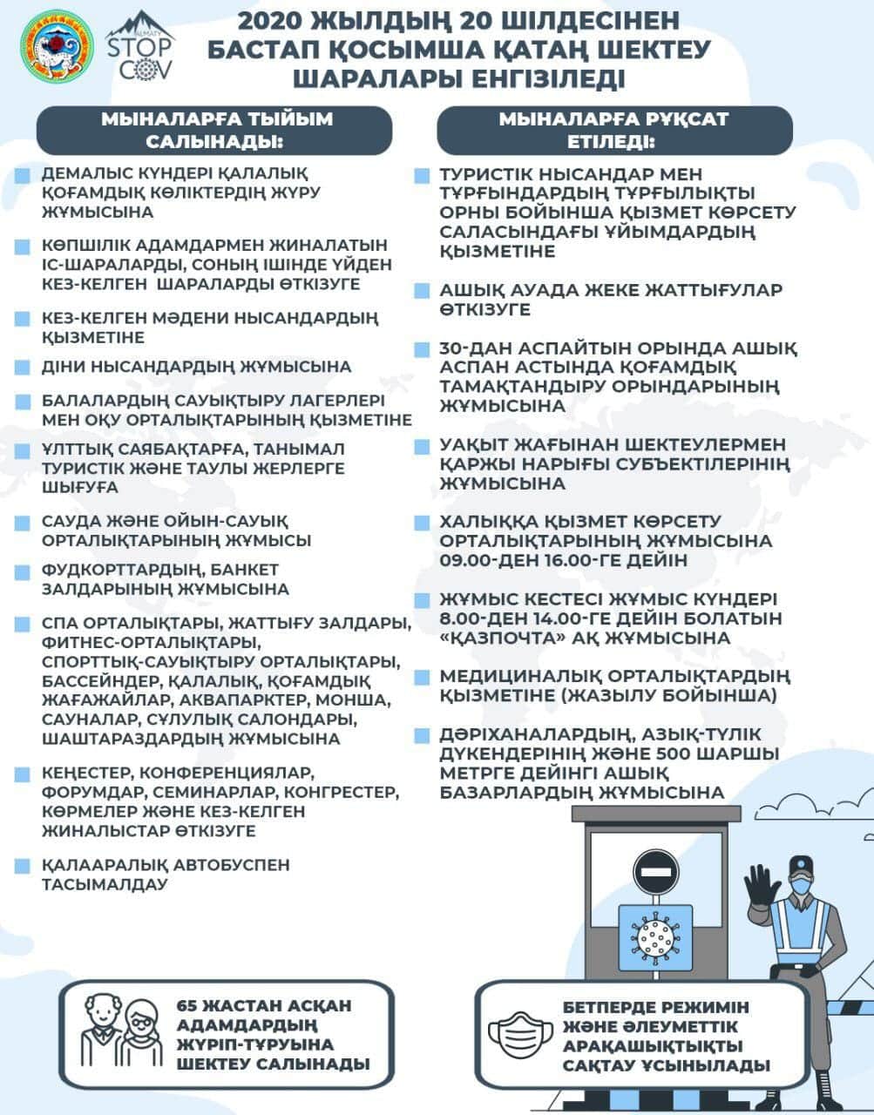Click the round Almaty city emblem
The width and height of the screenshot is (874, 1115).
tap(58, 47)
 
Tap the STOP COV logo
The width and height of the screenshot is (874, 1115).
tap(139, 49)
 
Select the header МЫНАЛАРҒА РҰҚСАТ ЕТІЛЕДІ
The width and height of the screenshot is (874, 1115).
tap(613, 130)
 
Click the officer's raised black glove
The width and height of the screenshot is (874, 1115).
tap(763, 891)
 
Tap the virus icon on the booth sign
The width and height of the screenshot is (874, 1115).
tap(655, 936)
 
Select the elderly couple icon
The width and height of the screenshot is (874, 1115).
tap(122, 1033)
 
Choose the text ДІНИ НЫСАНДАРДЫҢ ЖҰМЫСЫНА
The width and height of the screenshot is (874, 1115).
tap(196, 367)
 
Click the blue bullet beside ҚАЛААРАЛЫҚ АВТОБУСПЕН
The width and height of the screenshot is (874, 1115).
tap(23, 867)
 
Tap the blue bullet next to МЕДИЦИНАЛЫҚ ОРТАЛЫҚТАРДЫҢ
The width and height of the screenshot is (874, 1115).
tap(422, 678)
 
